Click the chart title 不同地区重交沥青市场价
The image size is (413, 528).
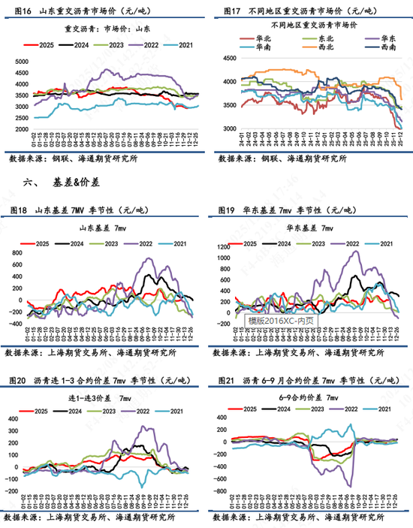point(311,24)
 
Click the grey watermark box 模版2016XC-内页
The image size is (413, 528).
point(282,321)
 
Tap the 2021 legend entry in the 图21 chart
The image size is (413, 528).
point(381,409)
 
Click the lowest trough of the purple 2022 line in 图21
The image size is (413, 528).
point(348,484)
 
